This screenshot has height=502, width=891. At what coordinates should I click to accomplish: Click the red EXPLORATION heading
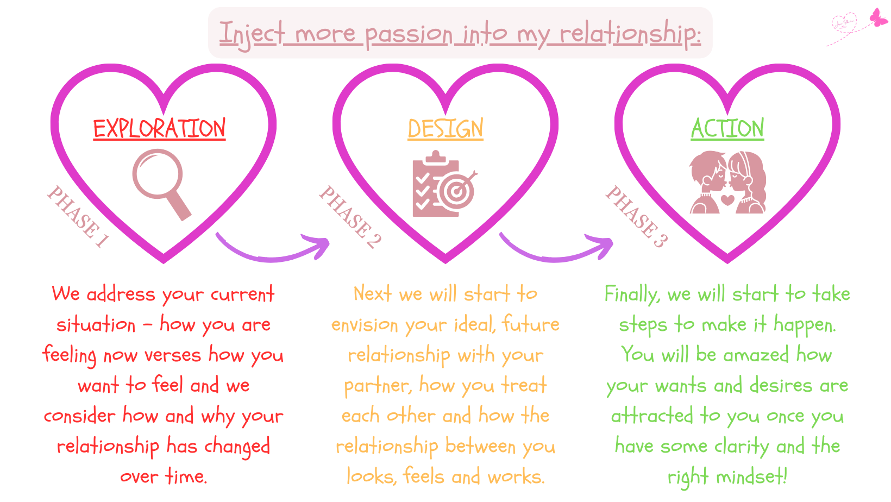tap(159, 128)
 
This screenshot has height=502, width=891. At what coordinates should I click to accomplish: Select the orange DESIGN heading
tap(446, 128)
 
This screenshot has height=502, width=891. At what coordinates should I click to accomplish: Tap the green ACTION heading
tap(727, 128)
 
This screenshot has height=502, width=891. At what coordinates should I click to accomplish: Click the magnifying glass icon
tap(161, 184)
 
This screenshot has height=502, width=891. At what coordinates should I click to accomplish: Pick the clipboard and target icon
tap(445, 184)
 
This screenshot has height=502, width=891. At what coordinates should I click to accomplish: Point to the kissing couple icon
tap(727, 182)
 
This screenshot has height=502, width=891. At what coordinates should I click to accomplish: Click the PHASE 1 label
tap(78, 217)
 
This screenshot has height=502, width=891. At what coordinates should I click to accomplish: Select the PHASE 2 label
tap(350, 217)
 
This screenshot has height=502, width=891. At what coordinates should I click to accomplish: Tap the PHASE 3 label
tap(636, 217)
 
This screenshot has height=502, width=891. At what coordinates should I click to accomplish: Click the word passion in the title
tap(409, 34)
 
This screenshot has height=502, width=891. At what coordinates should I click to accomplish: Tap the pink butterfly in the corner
tap(879, 17)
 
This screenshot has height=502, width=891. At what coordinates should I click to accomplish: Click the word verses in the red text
tap(173, 355)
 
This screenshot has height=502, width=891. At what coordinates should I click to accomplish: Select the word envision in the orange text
tap(365, 324)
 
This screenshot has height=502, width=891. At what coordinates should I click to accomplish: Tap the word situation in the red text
tap(96, 324)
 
